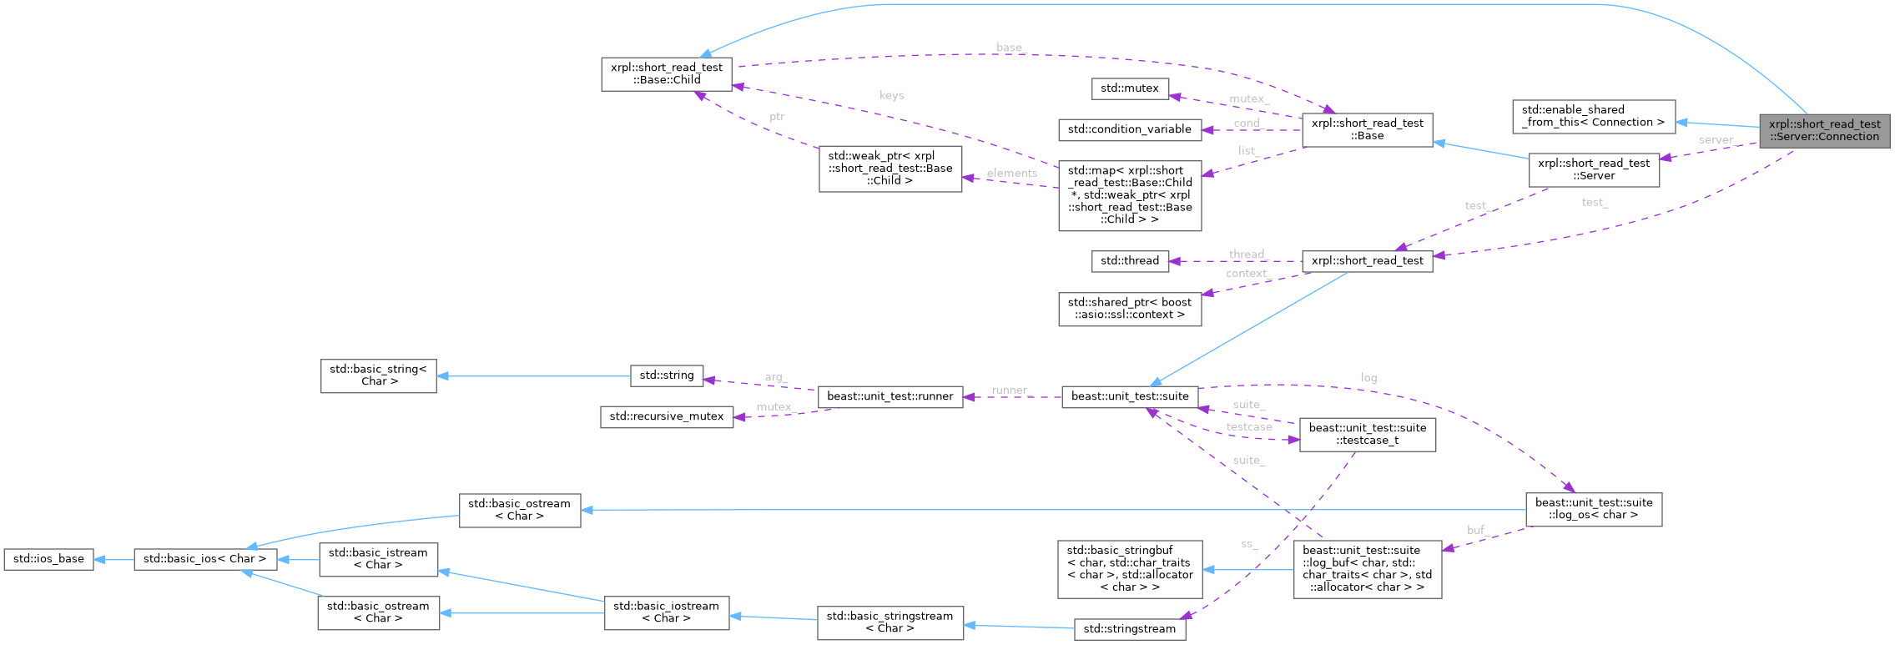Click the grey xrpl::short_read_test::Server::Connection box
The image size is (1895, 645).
pos(1824,131)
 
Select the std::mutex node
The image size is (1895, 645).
pos(1129,88)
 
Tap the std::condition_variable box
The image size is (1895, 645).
pos(1129,129)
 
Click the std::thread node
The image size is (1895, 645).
pos(1129,261)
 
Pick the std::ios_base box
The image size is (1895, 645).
pos(48,559)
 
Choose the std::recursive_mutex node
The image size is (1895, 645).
pos(666,416)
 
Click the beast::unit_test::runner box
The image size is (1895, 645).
pos(890,396)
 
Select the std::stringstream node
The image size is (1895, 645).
pos(1129,629)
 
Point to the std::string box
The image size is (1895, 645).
pos(666,375)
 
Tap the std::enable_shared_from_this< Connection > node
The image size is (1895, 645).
pos(1593,116)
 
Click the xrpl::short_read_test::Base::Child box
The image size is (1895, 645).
pos(666,73)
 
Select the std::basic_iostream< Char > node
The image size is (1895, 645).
pos(666,612)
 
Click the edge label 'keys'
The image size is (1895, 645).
pos(891,95)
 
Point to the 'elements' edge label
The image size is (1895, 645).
pos(1011,174)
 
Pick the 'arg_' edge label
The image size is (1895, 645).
pos(776,377)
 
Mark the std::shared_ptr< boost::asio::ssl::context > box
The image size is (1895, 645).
pos(1129,309)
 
